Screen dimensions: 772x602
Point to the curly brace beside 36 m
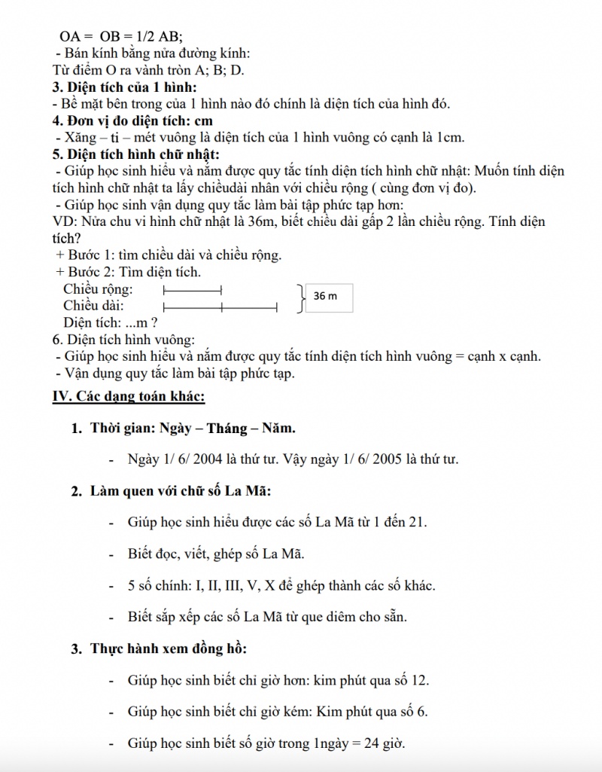click(x=301, y=298)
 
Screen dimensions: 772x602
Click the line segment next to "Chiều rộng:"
click(x=192, y=289)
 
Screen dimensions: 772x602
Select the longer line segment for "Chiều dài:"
click(x=220, y=307)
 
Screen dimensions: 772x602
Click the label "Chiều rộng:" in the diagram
click(x=99, y=289)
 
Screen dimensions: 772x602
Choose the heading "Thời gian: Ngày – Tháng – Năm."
click(x=193, y=429)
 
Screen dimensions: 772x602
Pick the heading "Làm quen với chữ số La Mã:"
click(x=181, y=491)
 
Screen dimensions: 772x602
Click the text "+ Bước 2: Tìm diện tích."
click(x=128, y=272)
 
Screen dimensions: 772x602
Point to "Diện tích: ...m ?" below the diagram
click(x=110, y=323)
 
